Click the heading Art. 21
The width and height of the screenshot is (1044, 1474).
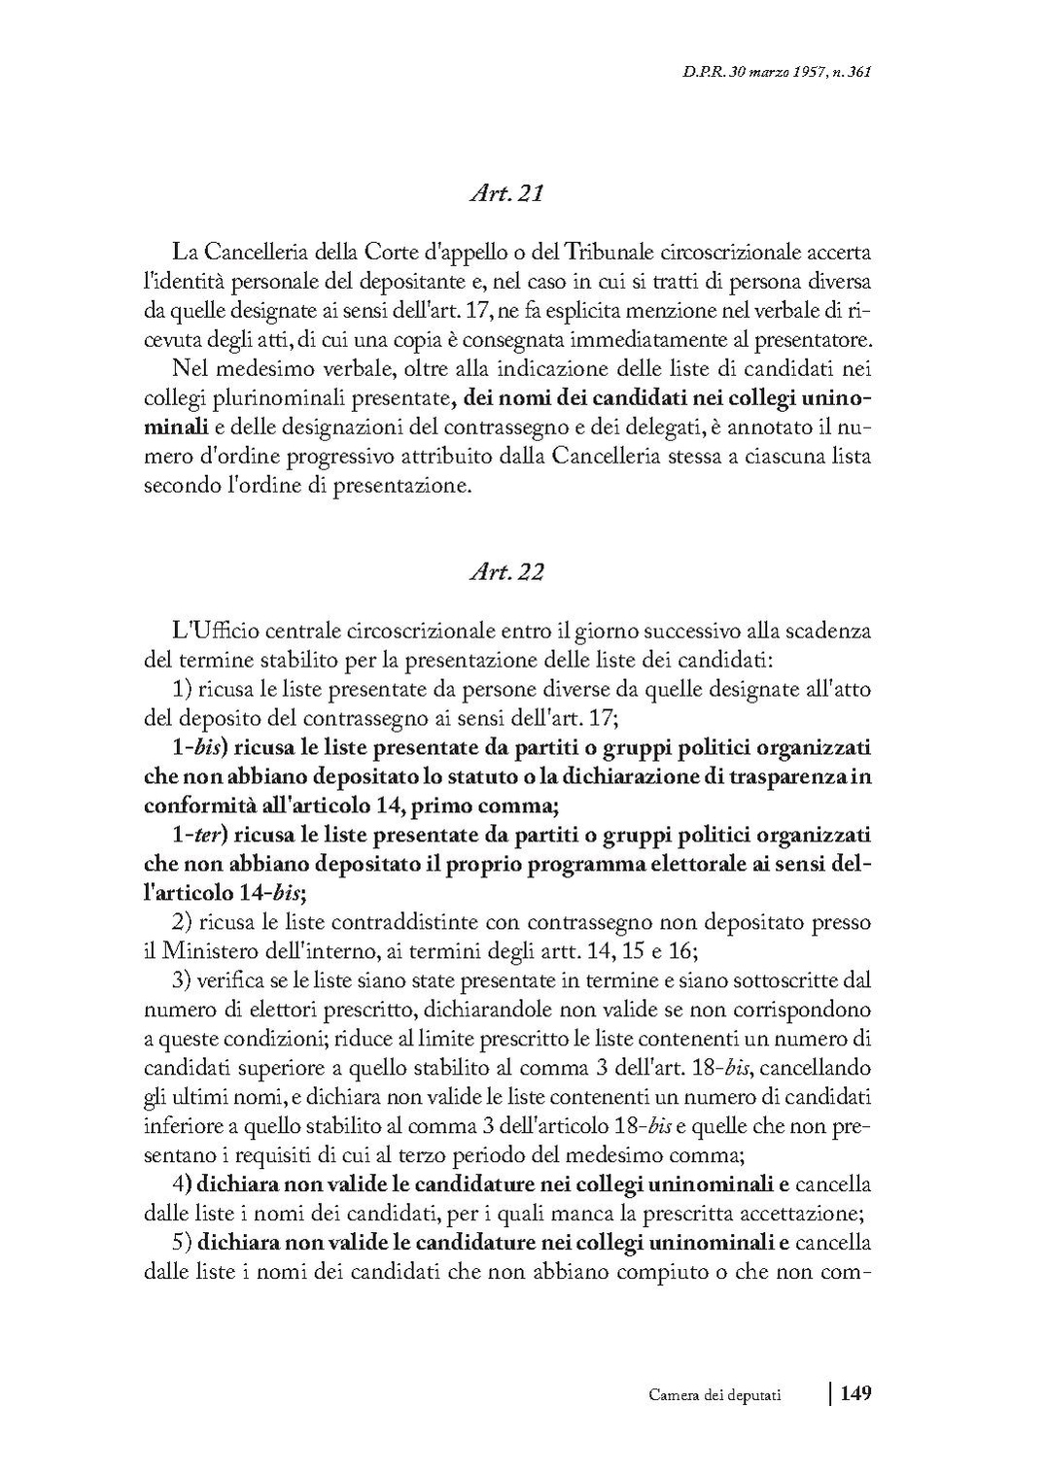[x=505, y=193]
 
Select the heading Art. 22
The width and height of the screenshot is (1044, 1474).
[x=505, y=572]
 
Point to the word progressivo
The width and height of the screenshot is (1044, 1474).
[x=317, y=457]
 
